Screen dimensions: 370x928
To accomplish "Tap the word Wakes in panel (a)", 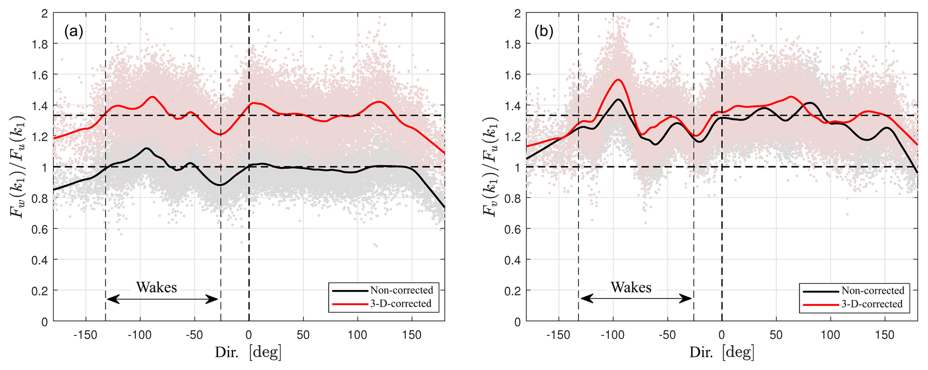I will tap(157, 287).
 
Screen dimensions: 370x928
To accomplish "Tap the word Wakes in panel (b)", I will tap(631, 287).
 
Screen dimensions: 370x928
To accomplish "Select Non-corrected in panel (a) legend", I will tap(401, 290).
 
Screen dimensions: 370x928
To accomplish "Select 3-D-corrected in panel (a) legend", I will tap(401, 304).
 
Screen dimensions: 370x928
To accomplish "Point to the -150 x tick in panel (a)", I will tap(86, 335).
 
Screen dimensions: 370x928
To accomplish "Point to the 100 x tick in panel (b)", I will tap(830, 335).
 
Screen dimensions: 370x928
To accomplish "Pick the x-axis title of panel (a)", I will tap(248, 352).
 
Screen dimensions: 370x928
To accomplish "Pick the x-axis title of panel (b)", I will tap(721, 352).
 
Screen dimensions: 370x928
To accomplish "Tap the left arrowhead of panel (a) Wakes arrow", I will tap(111, 300).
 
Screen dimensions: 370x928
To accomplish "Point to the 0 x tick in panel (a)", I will tap(249, 335).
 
